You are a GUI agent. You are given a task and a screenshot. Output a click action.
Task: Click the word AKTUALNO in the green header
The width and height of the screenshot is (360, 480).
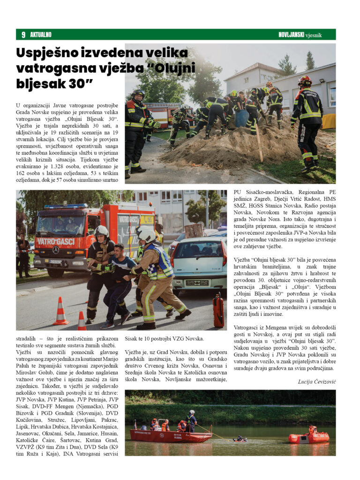click(x=41, y=35)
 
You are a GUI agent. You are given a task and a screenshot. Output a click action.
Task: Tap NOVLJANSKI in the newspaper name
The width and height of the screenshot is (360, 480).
click(x=291, y=35)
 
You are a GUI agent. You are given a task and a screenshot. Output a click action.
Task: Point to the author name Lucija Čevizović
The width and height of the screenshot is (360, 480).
click(x=317, y=382)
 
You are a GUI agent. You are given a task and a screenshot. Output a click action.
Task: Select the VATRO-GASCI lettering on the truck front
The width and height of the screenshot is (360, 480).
click(x=55, y=241)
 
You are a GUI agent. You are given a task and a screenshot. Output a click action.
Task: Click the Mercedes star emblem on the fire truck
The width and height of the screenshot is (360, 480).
click(x=56, y=250)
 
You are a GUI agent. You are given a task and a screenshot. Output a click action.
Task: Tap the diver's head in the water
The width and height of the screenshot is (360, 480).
click(x=240, y=438)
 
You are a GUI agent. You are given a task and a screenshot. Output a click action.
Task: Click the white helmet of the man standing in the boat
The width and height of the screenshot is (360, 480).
click(x=191, y=412)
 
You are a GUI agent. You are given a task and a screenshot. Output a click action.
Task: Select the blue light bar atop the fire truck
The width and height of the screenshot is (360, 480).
click(x=66, y=206)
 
